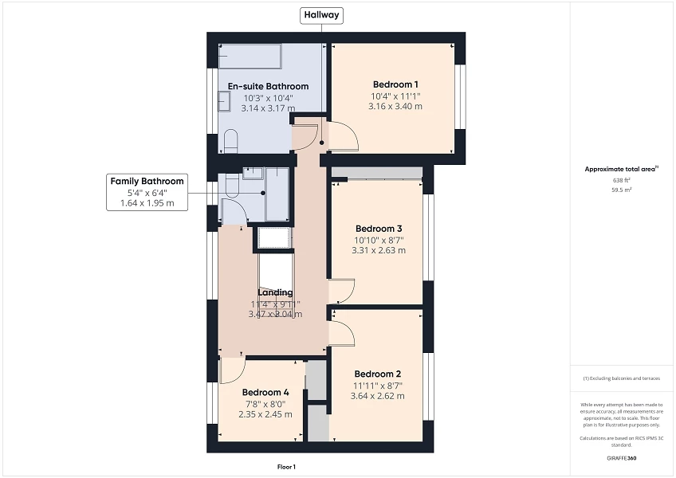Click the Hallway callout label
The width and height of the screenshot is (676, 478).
(320, 14)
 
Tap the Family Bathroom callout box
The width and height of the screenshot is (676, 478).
(147, 192)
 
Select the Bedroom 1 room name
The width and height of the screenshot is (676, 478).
(395, 84)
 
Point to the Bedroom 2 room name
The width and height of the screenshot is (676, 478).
(378, 374)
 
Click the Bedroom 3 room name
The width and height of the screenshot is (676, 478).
(379, 228)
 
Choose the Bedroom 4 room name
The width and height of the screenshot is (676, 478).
(265, 392)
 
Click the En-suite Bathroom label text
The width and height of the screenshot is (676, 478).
(268, 86)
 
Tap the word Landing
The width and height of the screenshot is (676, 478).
(275, 292)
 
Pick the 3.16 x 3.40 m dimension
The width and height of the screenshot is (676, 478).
(395, 106)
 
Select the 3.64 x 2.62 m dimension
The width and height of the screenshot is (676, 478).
(378, 395)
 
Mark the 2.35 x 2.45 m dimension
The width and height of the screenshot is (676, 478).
(265, 413)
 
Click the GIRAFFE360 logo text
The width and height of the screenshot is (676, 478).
(622, 458)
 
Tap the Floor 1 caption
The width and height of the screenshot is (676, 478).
(286, 467)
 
